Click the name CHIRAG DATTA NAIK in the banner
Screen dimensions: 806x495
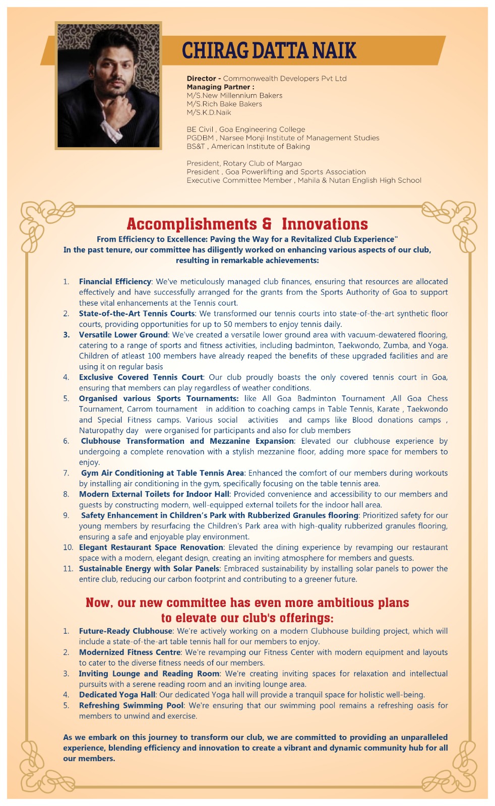tap(269, 50)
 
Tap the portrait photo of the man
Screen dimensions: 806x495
tap(108, 86)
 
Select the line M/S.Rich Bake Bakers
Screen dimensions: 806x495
tap(224, 104)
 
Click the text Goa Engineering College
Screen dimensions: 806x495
tap(262, 129)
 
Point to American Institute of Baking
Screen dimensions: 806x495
tap(260, 147)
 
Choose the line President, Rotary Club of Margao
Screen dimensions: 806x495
tap(244, 163)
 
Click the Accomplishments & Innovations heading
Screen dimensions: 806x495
tap(247, 224)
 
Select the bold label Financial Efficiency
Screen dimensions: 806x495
tap(115, 282)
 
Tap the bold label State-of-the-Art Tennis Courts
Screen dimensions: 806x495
tap(137, 313)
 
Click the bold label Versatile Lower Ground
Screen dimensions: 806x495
tap(123, 334)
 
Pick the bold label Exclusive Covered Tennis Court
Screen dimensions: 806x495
tap(141, 377)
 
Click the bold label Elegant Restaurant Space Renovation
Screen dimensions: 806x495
tap(151, 547)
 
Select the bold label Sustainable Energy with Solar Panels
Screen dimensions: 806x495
tap(149, 568)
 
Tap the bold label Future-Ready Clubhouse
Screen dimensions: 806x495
tap(126, 631)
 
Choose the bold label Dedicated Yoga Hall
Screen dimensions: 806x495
tap(117, 695)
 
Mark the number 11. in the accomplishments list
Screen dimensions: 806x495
tap(68, 568)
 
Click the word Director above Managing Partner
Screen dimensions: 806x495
tap(201, 79)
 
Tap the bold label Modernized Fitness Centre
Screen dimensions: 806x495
tap(130, 652)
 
